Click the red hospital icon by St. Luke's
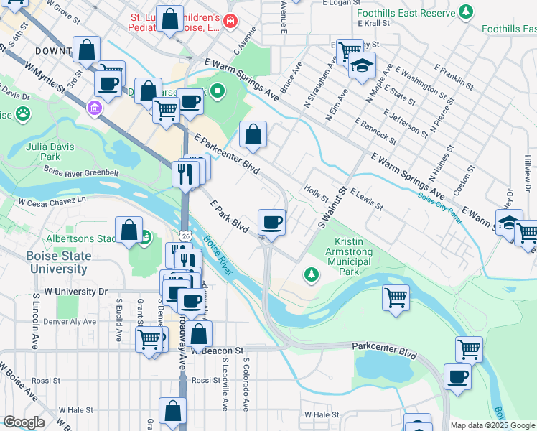point(229,22)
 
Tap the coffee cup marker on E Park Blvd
point(272,222)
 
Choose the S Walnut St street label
point(332,209)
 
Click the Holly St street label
point(316,193)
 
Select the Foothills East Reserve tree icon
point(466,11)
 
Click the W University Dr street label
point(75,292)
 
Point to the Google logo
point(24,422)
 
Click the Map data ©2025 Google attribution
point(492,425)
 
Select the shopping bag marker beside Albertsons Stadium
point(129,231)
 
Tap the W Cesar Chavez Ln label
point(56,200)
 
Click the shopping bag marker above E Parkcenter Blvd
point(253,134)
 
